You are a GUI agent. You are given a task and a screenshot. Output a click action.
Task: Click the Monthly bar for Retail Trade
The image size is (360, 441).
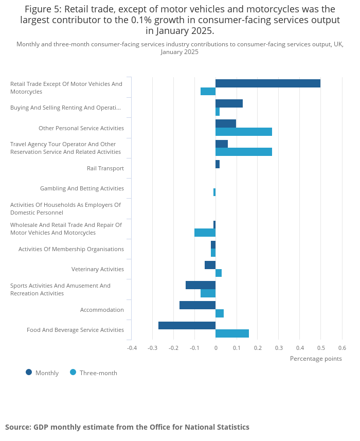pos(267,83)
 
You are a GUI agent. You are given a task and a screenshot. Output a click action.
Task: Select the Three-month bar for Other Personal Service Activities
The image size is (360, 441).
pos(243,132)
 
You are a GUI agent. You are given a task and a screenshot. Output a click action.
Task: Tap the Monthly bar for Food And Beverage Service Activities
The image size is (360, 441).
pos(187,325)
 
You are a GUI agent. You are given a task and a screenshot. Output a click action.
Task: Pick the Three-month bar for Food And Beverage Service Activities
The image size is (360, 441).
pos(232,333)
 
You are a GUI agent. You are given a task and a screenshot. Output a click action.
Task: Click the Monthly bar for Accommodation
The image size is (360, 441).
pos(197,305)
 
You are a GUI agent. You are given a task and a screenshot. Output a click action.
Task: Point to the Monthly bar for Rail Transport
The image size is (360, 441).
pos(218,164)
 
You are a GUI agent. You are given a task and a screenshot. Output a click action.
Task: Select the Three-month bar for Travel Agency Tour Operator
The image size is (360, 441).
pos(243,152)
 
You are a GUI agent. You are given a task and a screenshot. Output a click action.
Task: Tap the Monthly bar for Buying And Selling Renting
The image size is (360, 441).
pos(229,103)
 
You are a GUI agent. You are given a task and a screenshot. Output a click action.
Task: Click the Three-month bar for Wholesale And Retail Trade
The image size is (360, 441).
pos(205,233)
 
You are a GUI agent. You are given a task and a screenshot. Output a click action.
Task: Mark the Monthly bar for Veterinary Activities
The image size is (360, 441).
pos(210,265)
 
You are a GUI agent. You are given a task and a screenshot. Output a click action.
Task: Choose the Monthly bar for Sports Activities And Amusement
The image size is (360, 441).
pos(201,285)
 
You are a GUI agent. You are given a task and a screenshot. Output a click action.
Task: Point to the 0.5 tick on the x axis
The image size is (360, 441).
pos(320,348)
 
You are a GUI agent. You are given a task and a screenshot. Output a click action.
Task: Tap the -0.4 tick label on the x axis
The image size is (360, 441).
pos(132,348)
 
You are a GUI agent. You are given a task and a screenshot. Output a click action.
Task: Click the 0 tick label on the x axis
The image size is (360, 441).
pos(215,348)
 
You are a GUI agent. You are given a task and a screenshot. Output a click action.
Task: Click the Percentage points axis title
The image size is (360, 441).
pos(316,359)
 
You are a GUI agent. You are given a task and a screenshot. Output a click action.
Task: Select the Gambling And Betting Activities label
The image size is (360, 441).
pos(82,188)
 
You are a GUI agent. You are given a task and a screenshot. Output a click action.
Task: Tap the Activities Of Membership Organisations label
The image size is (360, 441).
pos(71,249)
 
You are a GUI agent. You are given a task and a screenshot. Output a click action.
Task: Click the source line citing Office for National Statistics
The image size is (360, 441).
pos(127,427)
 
